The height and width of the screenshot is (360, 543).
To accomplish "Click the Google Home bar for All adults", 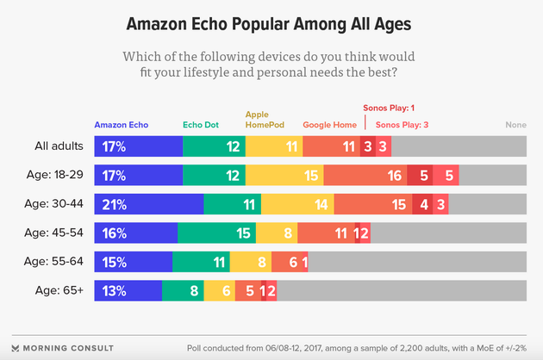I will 331,147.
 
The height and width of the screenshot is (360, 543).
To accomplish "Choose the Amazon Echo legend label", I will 121,125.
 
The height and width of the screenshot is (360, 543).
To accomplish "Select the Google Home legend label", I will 329,125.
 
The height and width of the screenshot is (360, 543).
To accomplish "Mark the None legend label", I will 515,125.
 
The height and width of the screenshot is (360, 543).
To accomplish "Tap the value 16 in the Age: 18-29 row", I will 395,176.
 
